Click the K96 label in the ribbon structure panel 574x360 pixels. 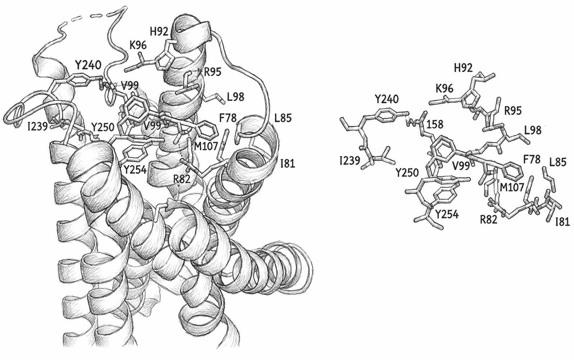point(138,45)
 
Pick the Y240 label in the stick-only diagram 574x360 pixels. point(387,99)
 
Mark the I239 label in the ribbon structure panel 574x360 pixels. point(38,127)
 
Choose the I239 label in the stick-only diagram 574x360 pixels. point(350,161)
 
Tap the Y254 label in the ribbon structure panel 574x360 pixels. point(135,169)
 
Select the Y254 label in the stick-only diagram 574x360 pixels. point(447,215)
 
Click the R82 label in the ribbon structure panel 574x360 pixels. point(182,179)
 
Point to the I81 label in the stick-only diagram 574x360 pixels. point(562,222)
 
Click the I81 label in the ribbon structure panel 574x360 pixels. point(288,164)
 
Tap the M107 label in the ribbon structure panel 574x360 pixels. point(206,146)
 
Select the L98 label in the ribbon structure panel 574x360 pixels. point(235,97)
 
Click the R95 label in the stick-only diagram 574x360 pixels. point(513,111)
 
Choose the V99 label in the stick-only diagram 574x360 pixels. point(461,166)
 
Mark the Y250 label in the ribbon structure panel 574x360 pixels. point(103,127)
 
